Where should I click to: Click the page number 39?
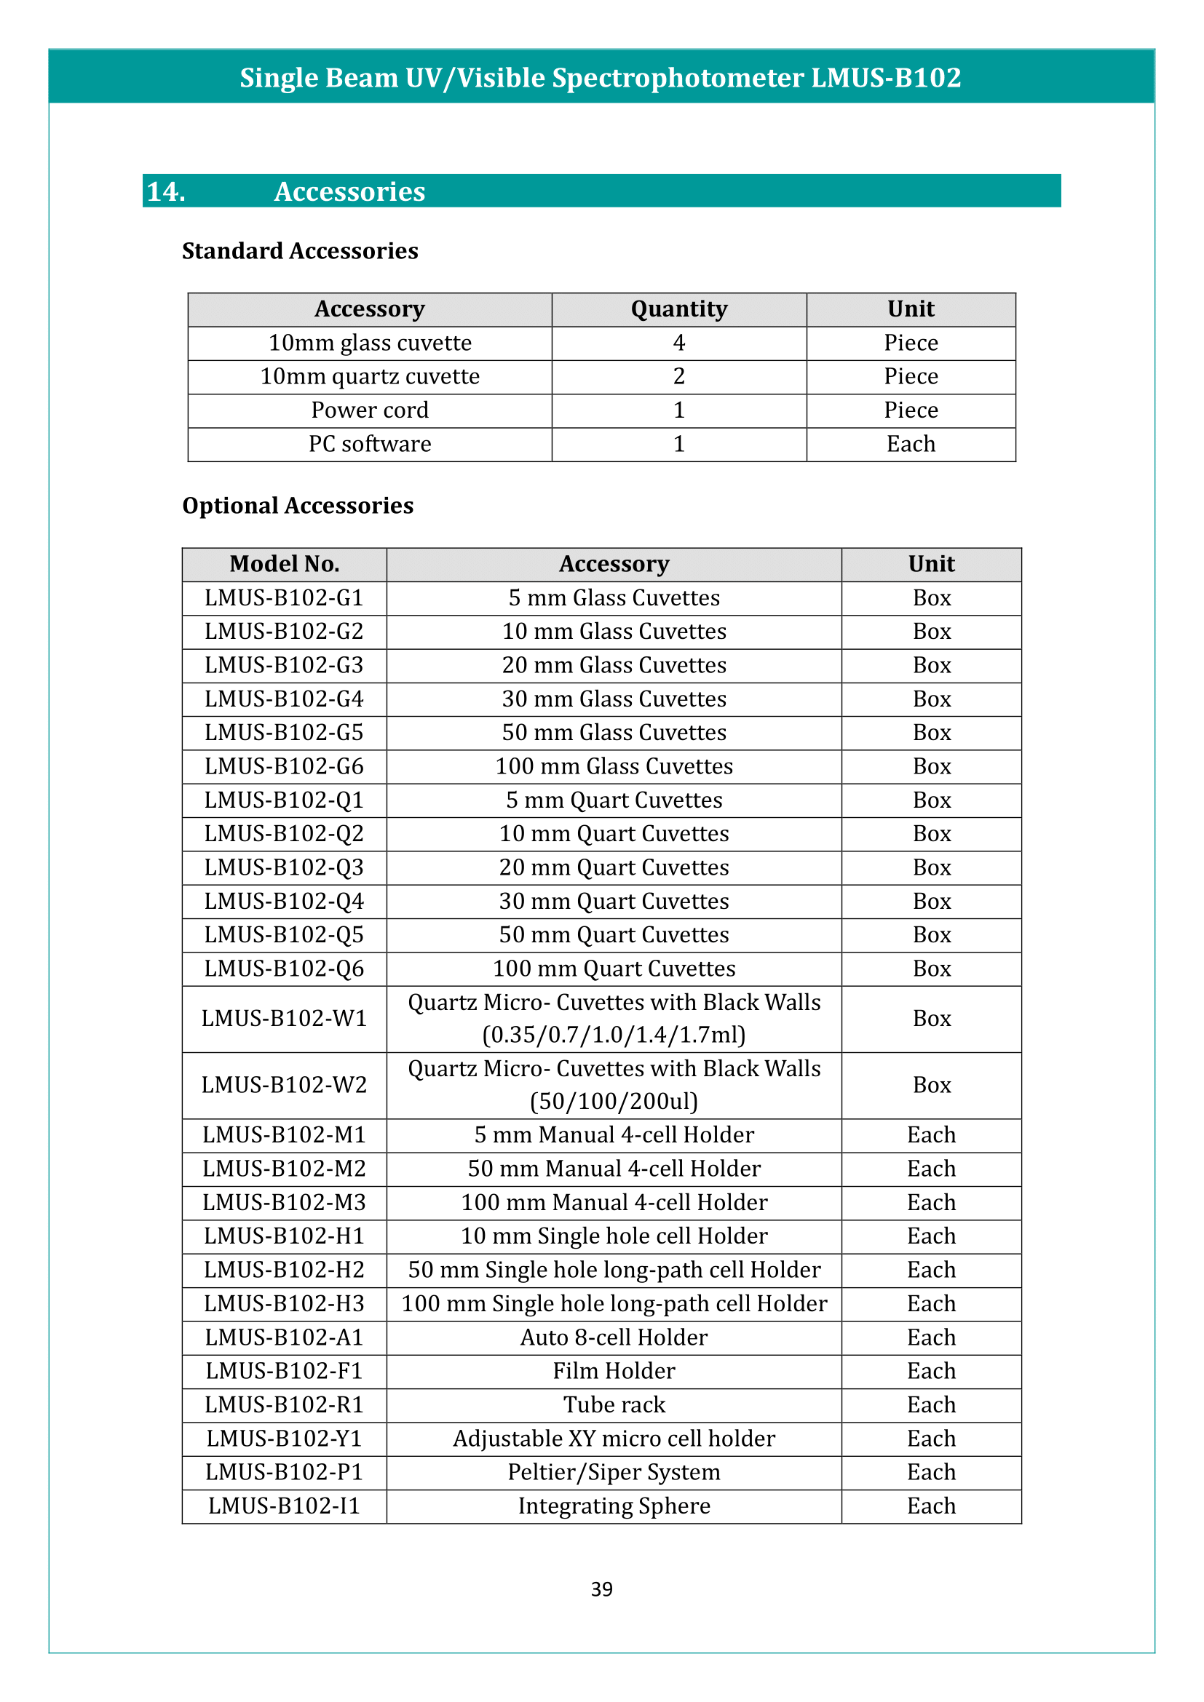pos(601,1588)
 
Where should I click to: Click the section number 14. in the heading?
pos(166,191)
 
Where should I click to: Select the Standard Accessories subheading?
pos(299,251)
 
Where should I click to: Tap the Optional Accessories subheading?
pos(297,506)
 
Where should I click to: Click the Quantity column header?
pos(678,309)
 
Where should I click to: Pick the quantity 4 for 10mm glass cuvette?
pos(678,343)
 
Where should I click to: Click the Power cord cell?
pos(369,410)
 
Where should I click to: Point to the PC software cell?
pos(369,444)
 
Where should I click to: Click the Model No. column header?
pos(284,564)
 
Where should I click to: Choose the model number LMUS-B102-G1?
pos(284,598)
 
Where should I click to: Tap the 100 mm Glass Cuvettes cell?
pos(614,766)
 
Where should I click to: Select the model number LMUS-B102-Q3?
pos(284,867)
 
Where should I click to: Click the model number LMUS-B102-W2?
pos(284,1085)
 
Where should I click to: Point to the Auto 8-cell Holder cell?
pos(614,1337)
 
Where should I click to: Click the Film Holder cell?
pos(614,1371)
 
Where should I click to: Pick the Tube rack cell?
pos(614,1404)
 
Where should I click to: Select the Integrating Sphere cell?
pos(614,1506)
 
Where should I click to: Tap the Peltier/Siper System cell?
pos(614,1472)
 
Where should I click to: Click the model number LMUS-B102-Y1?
pos(284,1439)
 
